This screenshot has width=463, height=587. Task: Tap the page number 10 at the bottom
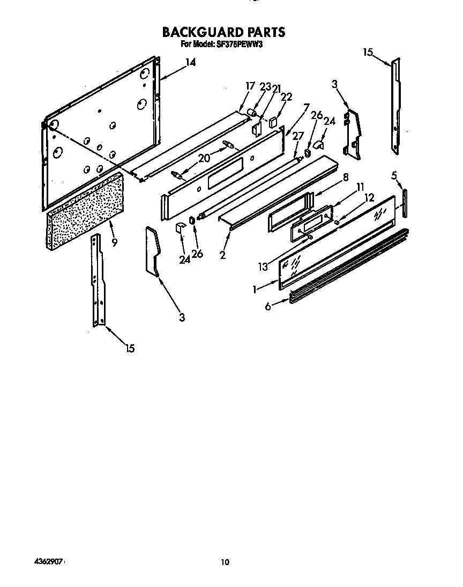click(225, 562)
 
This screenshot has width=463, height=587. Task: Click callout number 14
click(190, 63)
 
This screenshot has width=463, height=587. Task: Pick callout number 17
click(249, 86)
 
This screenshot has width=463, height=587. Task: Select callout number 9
click(114, 242)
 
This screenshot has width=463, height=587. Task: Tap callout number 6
click(268, 306)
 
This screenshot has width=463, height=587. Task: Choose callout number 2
click(222, 255)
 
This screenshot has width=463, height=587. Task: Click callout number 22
click(287, 96)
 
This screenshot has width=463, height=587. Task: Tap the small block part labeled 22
click(273, 121)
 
